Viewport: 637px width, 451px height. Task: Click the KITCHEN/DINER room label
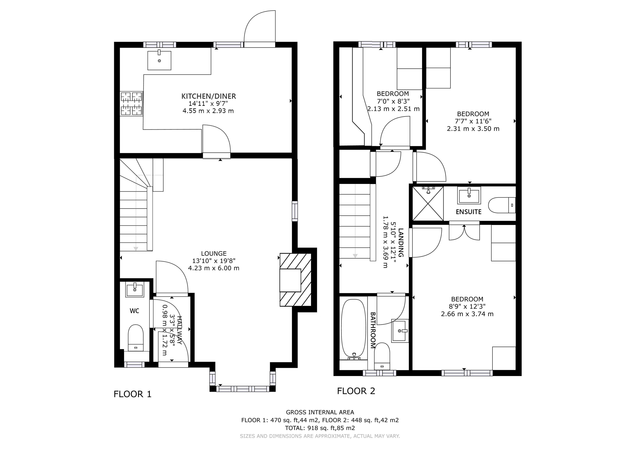209,96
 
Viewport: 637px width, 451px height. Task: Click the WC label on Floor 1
135,311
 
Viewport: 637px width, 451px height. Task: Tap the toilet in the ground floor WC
136,337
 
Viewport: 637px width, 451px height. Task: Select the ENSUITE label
469,212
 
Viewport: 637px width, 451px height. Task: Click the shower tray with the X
428,204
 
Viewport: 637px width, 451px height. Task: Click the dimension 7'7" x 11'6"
473,121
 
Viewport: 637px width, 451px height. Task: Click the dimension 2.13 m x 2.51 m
393,109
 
